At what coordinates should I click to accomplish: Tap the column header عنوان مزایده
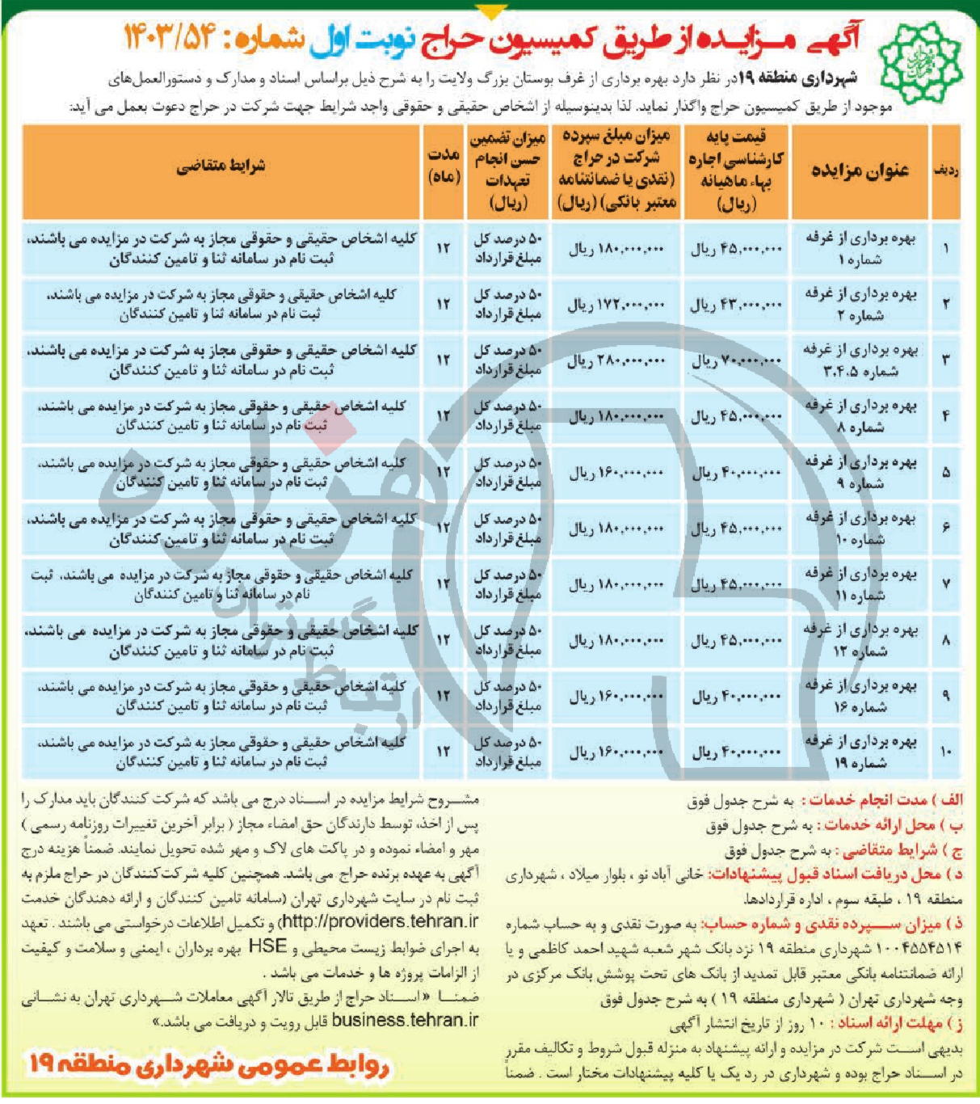tap(860, 171)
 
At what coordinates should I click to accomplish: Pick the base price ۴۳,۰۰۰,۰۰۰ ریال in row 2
tap(736, 305)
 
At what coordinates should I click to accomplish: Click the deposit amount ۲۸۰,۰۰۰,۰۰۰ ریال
tap(616, 361)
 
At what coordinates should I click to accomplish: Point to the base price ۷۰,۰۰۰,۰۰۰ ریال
tap(736, 361)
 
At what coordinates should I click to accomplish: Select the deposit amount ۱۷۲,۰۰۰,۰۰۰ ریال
tap(616, 305)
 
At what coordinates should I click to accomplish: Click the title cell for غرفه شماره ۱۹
tap(861, 752)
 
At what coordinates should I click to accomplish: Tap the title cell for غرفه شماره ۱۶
tap(861, 696)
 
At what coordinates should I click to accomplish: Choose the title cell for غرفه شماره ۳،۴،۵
tap(861, 360)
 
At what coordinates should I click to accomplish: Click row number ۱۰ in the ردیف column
tap(946, 752)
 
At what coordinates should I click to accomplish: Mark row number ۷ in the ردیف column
tap(946, 584)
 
